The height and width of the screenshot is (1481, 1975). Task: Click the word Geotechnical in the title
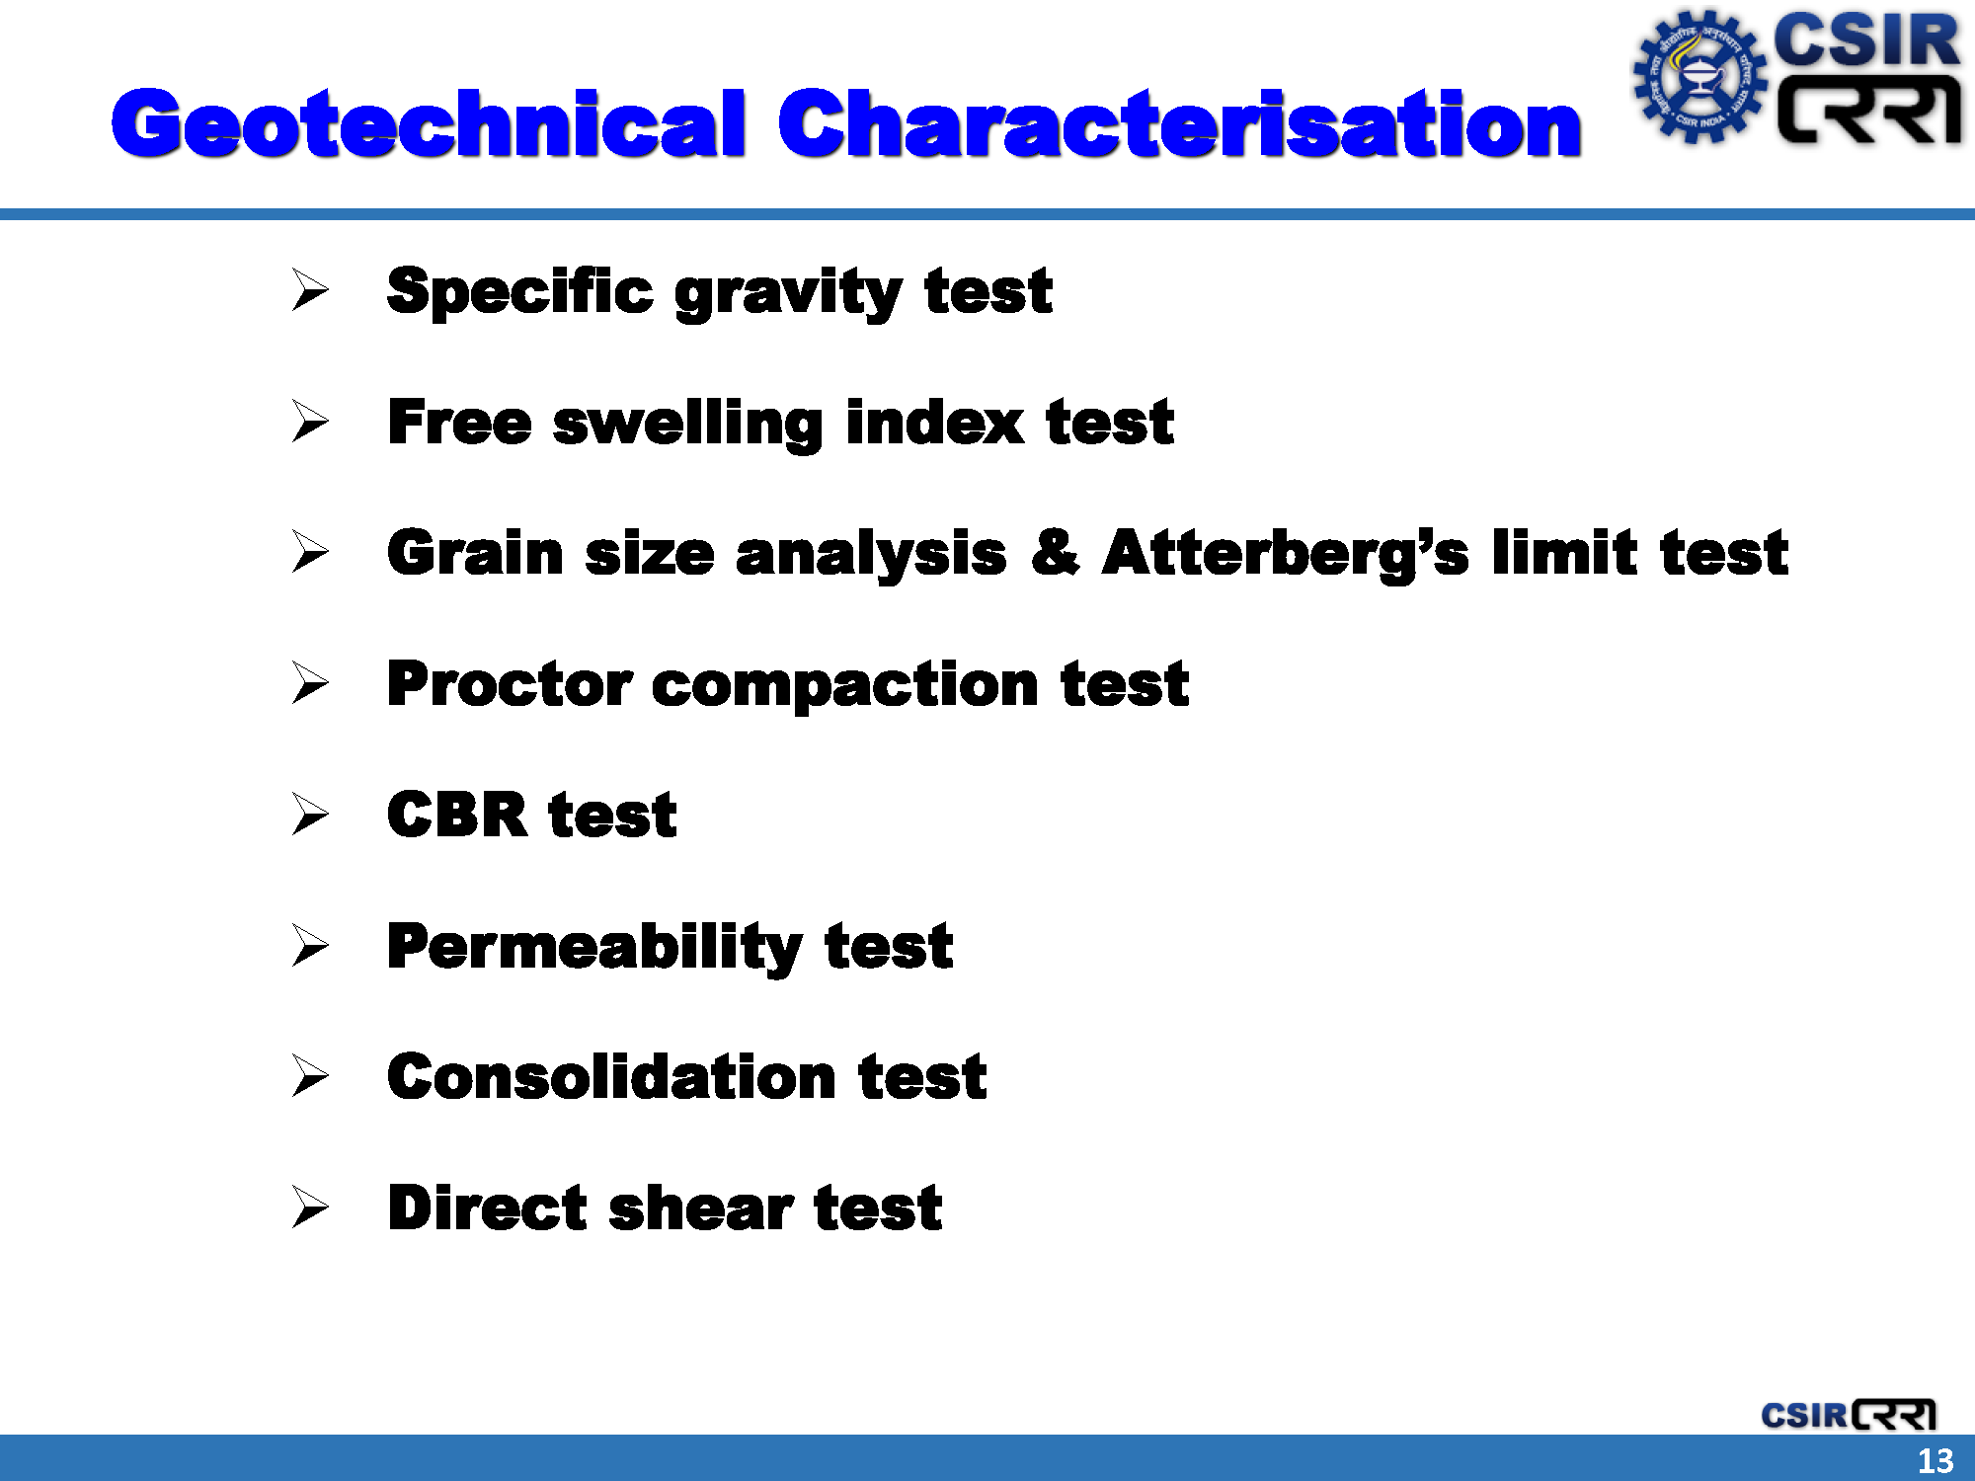(x=428, y=124)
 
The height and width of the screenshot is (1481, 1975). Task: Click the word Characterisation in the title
(x=1180, y=124)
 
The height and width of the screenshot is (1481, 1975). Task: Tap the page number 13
(x=1935, y=1460)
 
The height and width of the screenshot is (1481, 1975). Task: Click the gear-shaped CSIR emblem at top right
(x=1699, y=77)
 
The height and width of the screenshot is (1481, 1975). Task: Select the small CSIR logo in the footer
(x=1848, y=1414)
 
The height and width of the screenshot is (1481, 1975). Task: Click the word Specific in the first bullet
(x=519, y=291)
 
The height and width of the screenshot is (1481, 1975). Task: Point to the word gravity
(x=788, y=295)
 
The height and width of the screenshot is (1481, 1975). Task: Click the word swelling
(x=687, y=425)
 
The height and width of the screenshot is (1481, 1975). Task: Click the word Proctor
(x=509, y=683)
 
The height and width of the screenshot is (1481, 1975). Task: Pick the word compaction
(x=845, y=686)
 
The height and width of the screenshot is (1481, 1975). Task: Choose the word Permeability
(x=594, y=948)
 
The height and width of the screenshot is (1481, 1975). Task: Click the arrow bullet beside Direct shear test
(x=310, y=1207)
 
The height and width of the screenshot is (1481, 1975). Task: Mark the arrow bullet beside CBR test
(x=310, y=815)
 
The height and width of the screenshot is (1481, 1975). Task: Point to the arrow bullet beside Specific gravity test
(x=310, y=290)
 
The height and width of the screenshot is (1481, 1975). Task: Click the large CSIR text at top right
(x=1867, y=40)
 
